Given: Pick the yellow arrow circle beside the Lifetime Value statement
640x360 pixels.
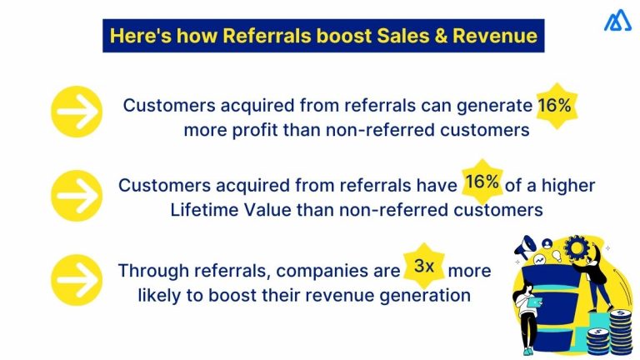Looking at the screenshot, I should click(x=76, y=194).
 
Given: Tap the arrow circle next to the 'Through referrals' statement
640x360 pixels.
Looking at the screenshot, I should click(x=76, y=276).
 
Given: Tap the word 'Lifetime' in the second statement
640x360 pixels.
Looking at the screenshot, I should click(x=202, y=210).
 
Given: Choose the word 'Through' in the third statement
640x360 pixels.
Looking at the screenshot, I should click(x=151, y=272).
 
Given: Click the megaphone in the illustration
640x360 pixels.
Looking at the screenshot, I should click(x=527, y=247).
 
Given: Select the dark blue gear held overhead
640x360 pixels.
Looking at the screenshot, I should click(x=575, y=247).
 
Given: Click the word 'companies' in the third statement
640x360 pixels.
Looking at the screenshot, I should click(x=321, y=272).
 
